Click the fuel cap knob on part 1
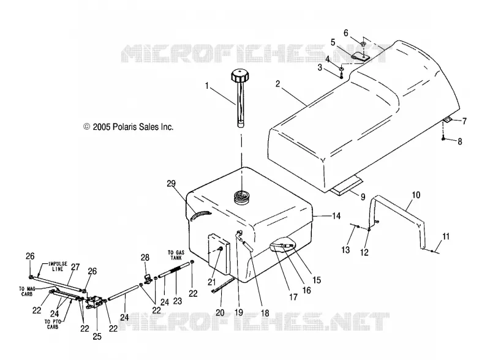point(240,75)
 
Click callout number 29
point(171,184)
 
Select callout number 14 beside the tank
point(336,216)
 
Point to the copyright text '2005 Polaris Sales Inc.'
point(133,127)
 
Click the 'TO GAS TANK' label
point(176,255)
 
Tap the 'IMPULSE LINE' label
point(58,266)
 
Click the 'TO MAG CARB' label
point(26,291)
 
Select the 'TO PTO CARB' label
point(53,324)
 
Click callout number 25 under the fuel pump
point(97,336)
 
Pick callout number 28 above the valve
point(145,258)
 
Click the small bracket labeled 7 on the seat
point(448,120)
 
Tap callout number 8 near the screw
point(460,141)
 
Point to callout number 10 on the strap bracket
point(416,195)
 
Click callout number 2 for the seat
point(278,83)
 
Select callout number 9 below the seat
point(363,197)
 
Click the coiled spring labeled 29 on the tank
point(200,215)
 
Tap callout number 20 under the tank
point(220,312)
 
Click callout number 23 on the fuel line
point(178,301)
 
